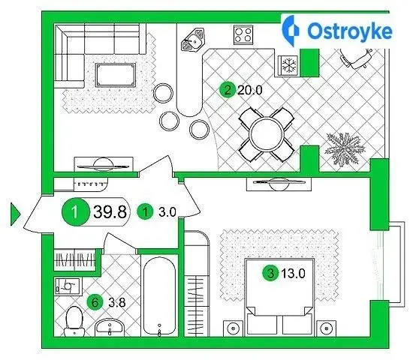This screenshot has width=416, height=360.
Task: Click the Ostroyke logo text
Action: pyautogui.click(x=350, y=31)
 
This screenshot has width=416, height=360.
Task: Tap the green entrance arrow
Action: pyautogui.click(x=15, y=214)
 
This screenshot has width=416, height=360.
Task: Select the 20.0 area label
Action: pyautogui.click(x=250, y=90)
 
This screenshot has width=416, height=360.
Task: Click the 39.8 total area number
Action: pyautogui.click(x=110, y=211)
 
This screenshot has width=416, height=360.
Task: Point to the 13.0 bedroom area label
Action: pyautogui.click(x=294, y=274)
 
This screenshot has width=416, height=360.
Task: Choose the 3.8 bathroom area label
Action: pyautogui.click(x=117, y=302)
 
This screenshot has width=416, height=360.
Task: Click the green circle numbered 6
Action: pyautogui.click(x=95, y=302)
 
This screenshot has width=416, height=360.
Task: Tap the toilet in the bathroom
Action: pyautogui.click(x=74, y=322)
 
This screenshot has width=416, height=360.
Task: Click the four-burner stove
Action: pyautogui.click(x=243, y=34)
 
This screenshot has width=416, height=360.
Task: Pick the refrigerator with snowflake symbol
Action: pyautogui.click(x=288, y=65)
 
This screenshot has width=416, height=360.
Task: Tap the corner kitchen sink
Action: pyautogui.click(x=194, y=40)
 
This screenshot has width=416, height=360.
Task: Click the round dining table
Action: pyautogui.click(x=266, y=134)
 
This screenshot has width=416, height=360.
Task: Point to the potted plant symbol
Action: pyautogui.click(x=345, y=148)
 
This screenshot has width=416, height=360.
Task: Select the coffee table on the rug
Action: pyautogui.click(x=116, y=75)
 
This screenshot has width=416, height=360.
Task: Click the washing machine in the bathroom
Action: pyautogui.click(x=68, y=286)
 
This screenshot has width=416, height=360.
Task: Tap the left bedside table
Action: pyautogui.click(x=234, y=328)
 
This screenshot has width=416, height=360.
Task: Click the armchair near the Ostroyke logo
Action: pyautogui.click(x=356, y=58)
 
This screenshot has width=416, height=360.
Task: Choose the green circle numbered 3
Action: pyautogui.click(x=270, y=274)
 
